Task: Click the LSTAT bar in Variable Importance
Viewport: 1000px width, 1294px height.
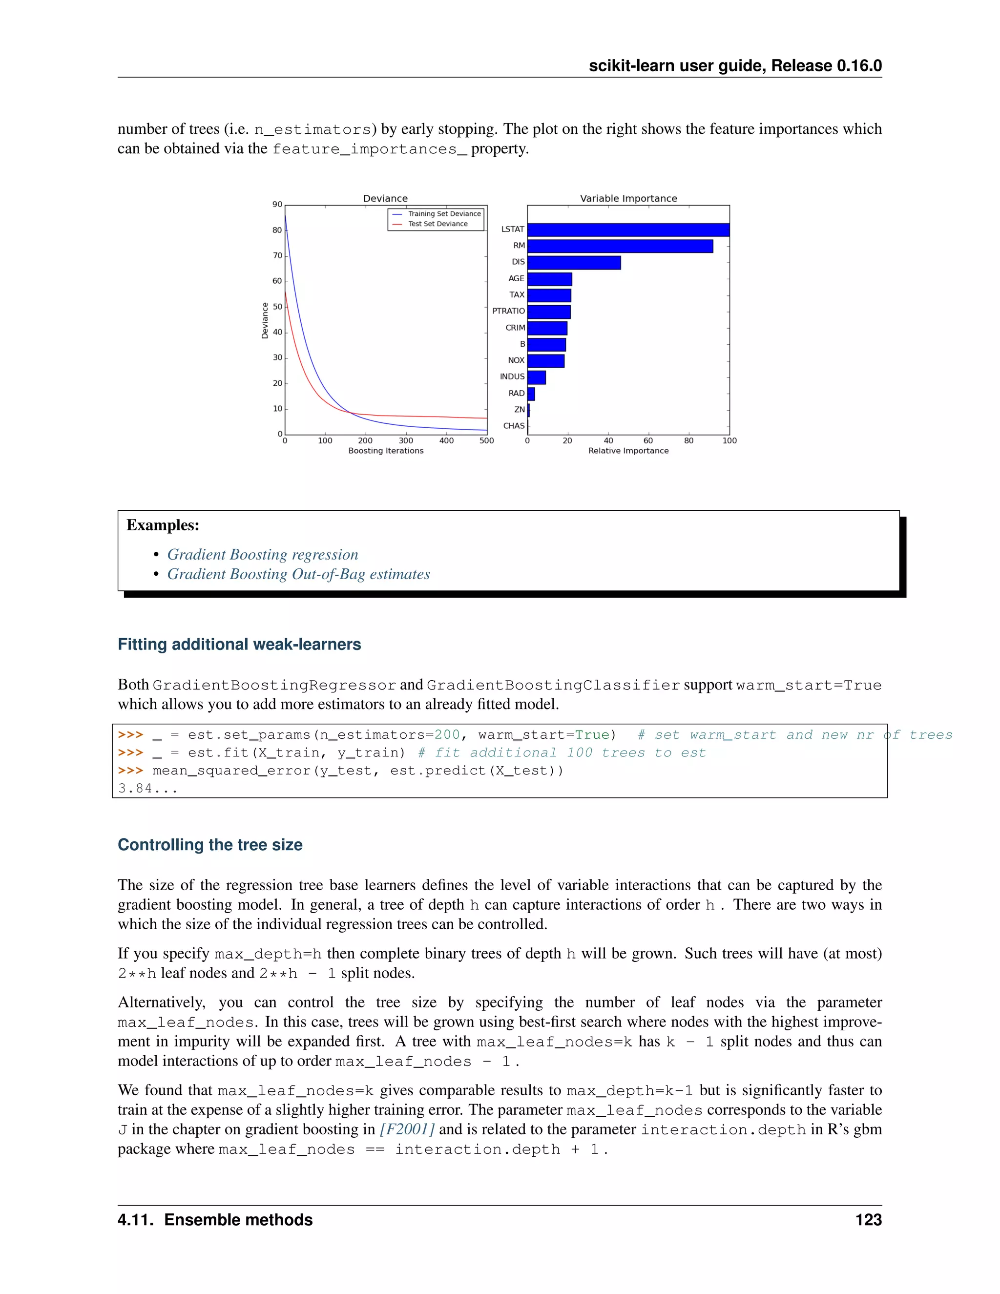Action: (628, 230)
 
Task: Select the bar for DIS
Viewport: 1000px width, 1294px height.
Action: (573, 263)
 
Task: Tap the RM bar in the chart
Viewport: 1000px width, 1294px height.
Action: (620, 246)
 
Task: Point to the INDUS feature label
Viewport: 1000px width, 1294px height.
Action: (512, 377)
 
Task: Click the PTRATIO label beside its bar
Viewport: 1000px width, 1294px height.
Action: (508, 311)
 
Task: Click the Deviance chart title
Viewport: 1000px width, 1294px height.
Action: (385, 198)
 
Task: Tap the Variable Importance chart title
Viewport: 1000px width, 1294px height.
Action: (628, 198)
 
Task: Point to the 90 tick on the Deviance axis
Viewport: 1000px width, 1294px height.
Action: (277, 205)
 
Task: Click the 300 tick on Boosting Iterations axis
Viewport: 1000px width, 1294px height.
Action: (406, 441)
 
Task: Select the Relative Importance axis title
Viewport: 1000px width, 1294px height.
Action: (628, 451)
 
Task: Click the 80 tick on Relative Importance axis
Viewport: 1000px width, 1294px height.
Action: (689, 441)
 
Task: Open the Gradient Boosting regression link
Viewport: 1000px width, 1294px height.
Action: (262, 555)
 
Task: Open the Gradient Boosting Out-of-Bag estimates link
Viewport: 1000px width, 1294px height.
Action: (298, 574)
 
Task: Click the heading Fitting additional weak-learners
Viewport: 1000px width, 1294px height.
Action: (239, 645)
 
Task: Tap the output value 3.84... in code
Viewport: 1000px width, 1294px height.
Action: (147, 789)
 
